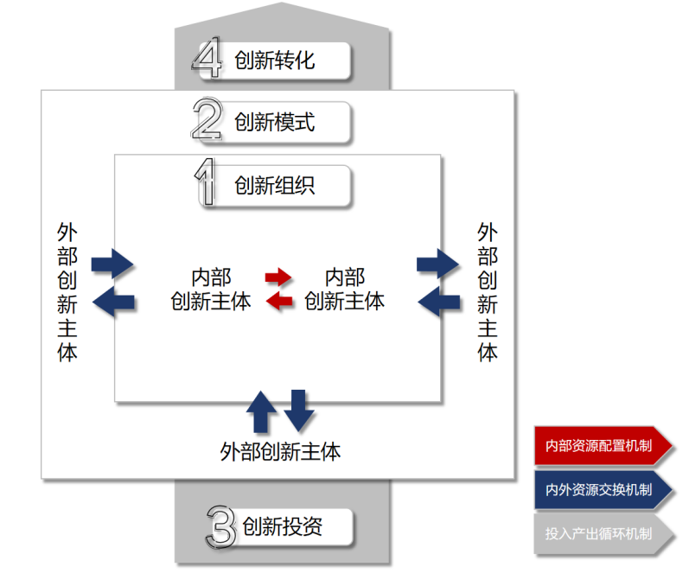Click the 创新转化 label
point(274,60)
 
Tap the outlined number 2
point(207,122)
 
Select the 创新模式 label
point(274,122)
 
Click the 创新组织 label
point(274,186)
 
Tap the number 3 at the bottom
point(221,526)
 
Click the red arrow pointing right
point(278,277)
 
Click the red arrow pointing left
point(278,301)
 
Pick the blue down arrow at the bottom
point(298,411)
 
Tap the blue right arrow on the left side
point(112,262)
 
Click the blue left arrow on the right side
point(438,301)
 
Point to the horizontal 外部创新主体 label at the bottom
point(280,451)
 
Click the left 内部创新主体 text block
point(211,290)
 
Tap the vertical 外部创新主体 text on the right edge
point(488,292)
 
